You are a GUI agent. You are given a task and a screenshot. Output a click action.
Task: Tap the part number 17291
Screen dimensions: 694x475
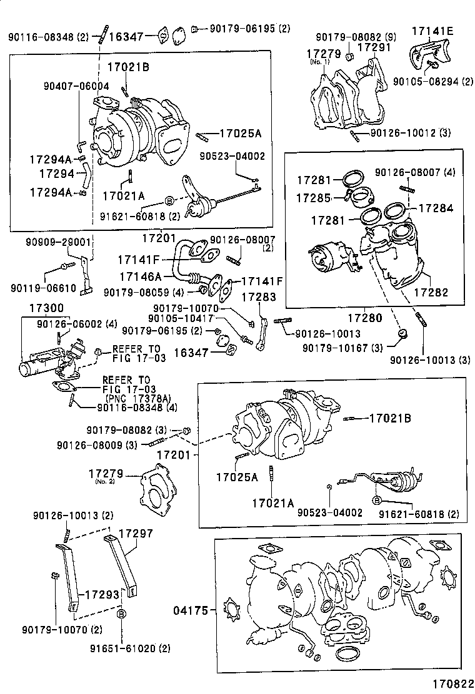(x=374, y=47)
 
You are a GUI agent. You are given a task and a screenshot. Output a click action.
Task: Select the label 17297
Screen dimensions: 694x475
(x=136, y=534)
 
